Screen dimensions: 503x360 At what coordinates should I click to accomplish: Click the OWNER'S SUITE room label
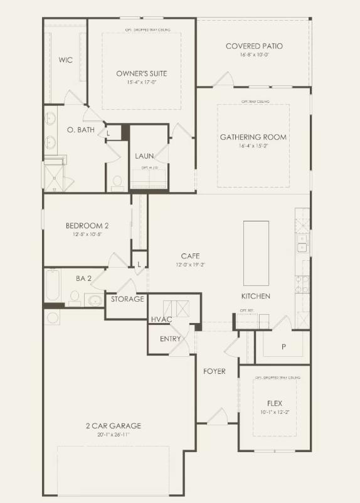[141, 73]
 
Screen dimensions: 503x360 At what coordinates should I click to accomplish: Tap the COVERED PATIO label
[253, 46]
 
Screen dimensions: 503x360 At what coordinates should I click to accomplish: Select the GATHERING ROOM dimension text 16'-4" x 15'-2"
[253, 146]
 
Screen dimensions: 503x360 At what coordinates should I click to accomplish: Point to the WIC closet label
[65, 60]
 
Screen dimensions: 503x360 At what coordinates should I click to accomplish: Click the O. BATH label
[79, 129]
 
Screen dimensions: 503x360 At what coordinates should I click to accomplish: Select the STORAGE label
[127, 299]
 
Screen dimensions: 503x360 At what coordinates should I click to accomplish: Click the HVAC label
[161, 320]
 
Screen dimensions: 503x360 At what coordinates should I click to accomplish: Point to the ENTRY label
[170, 339]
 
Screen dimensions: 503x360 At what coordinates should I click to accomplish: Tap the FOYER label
[214, 371]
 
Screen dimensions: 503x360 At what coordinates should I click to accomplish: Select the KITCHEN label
[256, 296]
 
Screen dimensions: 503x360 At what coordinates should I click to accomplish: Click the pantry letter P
[283, 347]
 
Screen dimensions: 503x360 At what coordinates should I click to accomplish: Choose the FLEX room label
[274, 403]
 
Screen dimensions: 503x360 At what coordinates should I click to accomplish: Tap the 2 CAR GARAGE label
[114, 426]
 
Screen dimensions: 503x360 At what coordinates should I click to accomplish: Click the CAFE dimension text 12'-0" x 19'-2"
[190, 265]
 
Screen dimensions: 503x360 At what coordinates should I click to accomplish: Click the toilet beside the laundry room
[117, 181]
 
